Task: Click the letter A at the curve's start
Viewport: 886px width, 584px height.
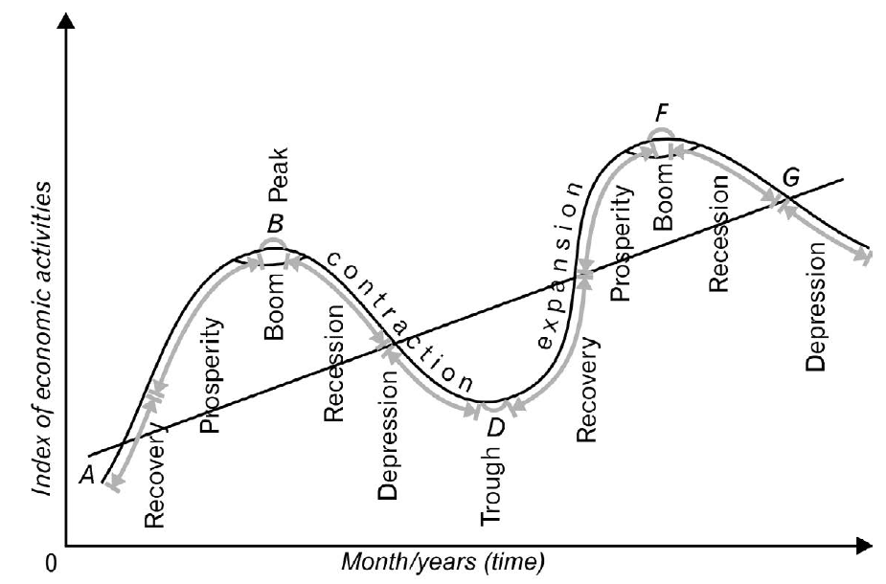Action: (87, 475)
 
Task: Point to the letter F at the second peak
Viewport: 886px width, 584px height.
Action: (662, 115)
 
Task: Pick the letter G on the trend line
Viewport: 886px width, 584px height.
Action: (791, 178)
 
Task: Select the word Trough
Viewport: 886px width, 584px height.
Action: (490, 485)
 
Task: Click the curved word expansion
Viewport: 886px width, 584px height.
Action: (558, 265)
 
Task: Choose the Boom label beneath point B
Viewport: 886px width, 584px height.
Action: (274, 306)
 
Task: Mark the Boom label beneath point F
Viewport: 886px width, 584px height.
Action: (664, 197)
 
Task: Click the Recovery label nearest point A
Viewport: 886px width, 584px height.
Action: (154, 476)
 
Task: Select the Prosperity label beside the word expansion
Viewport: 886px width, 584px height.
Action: (621, 243)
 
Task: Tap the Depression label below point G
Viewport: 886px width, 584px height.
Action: (815, 306)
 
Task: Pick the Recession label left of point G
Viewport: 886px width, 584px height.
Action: (718, 234)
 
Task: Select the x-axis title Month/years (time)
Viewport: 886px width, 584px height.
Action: (443, 562)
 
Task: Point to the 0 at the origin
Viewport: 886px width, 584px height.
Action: (52, 564)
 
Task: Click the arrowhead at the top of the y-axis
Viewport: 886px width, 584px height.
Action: (67, 20)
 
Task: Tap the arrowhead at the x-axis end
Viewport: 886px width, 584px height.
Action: (865, 546)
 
